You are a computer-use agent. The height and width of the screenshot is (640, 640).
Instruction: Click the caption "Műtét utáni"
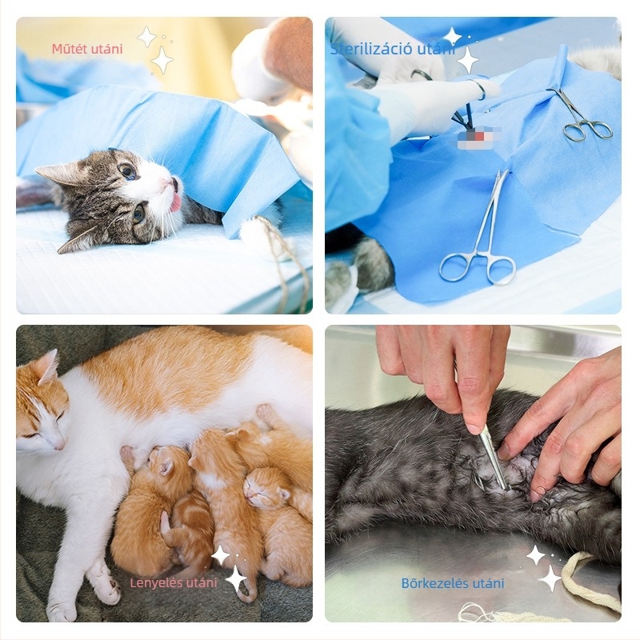pos(87,49)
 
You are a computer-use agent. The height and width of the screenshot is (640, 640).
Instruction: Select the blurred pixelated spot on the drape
pos(485,134)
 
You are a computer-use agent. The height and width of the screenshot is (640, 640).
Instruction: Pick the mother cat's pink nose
pos(58,444)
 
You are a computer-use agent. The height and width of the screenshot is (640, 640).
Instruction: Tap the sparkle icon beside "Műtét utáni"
pos(156,50)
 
